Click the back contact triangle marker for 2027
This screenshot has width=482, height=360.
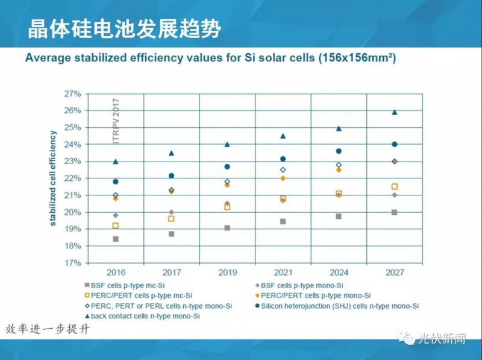pyautogui.click(x=395, y=112)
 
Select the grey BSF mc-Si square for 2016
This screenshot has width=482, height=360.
pyautogui.click(x=116, y=239)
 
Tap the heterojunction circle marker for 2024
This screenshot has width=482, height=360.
pyautogui.click(x=339, y=151)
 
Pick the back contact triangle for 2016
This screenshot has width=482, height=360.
pyautogui.click(x=116, y=162)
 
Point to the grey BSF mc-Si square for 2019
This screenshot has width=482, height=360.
pyautogui.click(x=227, y=228)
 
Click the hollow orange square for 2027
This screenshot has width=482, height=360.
pyautogui.click(x=395, y=187)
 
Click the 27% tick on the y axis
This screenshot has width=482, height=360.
pyautogui.click(x=72, y=94)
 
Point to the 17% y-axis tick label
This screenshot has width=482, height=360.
pyautogui.click(x=72, y=263)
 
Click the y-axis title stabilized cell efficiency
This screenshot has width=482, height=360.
pyautogui.click(x=54, y=178)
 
